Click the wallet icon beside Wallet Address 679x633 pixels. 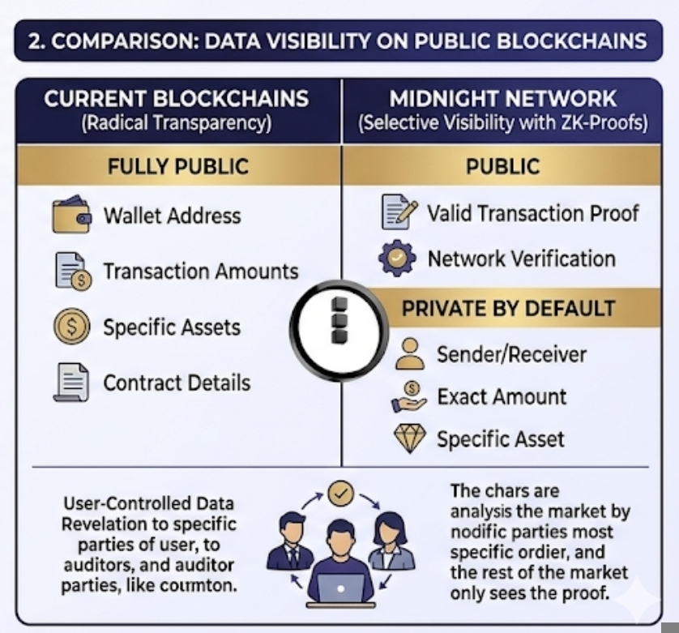[71, 215]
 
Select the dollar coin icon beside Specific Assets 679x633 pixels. [72, 327]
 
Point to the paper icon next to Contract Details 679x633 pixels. [71, 383]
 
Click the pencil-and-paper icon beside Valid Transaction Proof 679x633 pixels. [399, 212]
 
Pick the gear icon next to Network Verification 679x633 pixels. [398, 259]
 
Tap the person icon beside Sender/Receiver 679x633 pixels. [410, 354]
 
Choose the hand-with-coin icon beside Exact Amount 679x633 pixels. [409, 396]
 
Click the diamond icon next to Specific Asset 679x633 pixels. [409, 439]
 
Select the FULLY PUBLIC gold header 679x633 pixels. [178, 167]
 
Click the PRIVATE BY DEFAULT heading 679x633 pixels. [509, 309]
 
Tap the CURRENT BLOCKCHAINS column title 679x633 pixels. [177, 100]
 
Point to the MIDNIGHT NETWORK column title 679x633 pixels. [503, 100]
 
